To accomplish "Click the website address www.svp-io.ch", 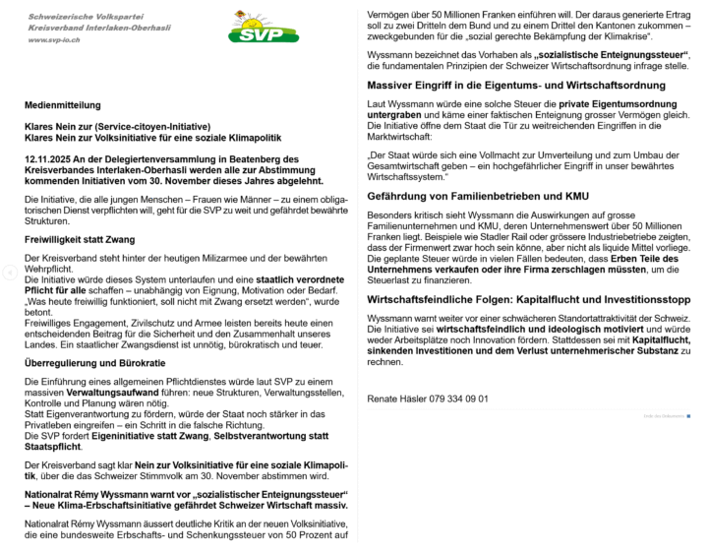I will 55,39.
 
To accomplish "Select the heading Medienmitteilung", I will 62,104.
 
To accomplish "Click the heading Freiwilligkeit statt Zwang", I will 80,239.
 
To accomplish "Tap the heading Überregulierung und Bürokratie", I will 88,363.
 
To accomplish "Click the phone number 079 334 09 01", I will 457,399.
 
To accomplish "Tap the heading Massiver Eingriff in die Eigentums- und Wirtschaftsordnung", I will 515,86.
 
